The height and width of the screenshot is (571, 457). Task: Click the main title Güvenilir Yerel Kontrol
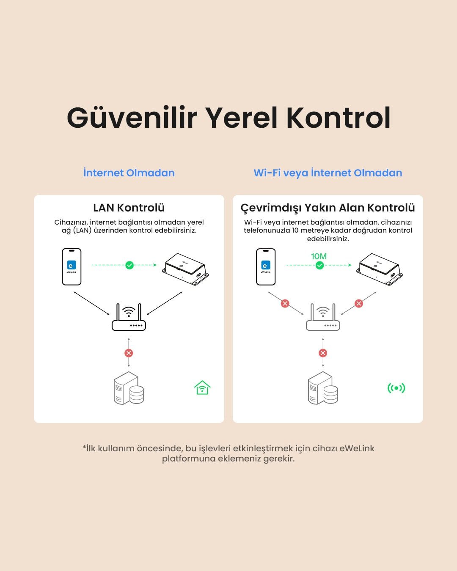tap(228, 118)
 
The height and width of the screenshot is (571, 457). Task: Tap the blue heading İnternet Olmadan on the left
tap(129, 173)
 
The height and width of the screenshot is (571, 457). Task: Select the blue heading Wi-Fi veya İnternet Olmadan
tap(328, 173)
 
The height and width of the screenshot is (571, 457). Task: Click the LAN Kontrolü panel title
tap(129, 208)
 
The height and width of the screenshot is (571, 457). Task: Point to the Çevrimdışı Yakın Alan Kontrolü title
tap(328, 208)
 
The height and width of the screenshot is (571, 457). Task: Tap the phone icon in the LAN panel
tap(72, 266)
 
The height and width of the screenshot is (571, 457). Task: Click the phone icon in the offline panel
tap(266, 266)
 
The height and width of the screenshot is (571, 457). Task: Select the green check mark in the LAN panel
tap(129, 265)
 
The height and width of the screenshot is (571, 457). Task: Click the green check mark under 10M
tap(320, 265)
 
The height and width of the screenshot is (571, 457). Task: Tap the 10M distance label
tap(319, 256)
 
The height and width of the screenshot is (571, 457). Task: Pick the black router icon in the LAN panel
tap(129, 318)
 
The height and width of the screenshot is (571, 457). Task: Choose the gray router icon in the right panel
tap(323, 318)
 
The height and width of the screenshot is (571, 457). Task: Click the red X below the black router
tap(129, 353)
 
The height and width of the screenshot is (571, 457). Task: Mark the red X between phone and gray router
tap(285, 303)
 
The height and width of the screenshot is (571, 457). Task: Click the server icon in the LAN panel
tap(129, 388)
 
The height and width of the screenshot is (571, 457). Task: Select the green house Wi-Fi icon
tap(202, 387)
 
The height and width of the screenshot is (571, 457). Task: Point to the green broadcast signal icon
tap(396, 388)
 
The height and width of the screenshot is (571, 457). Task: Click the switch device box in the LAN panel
tap(185, 269)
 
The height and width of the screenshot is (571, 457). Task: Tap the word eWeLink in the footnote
tap(357, 448)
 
